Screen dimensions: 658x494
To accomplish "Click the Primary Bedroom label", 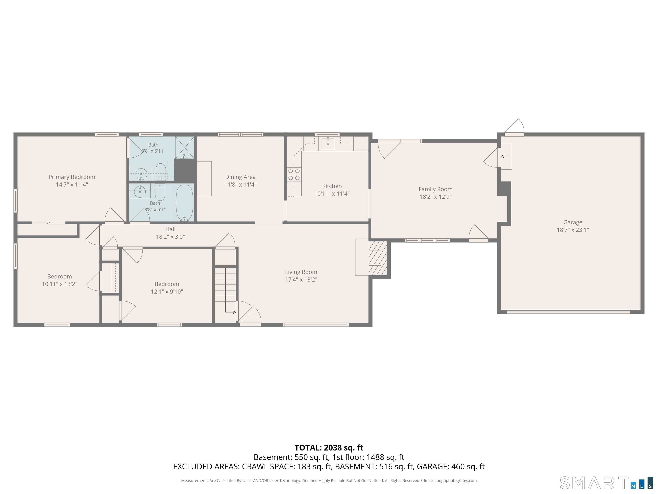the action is pyautogui.click(x=72, y=177).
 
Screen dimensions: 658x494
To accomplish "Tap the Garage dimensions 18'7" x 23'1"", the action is pyautogui.click(x=573, y=230).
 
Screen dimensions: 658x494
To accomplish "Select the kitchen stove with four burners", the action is pyautogui.click(x=294, y=174).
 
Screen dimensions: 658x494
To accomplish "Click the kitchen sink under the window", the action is pyautogui.click(x=328, y=144).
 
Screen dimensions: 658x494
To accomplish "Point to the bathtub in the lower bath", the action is pyautogui.click(x=184, y=203).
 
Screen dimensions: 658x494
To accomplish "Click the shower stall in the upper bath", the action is pyautogui.click(x=184, y=147).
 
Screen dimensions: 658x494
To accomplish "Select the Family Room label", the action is pyautogui.click(x=435, y=189).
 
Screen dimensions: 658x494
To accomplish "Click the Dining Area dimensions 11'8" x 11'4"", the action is pyautogui.click(x=240, y=184).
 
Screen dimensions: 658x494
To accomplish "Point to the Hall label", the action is pyautogui.click(x=170, y=229).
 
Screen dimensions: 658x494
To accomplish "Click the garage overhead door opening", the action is pyautogui.click(x=568, y=312).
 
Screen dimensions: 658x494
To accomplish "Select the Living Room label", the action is pyautogui.click(x=301, y=272).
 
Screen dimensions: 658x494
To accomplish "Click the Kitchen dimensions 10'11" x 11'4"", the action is pyautogui.click(x=332, y=194).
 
